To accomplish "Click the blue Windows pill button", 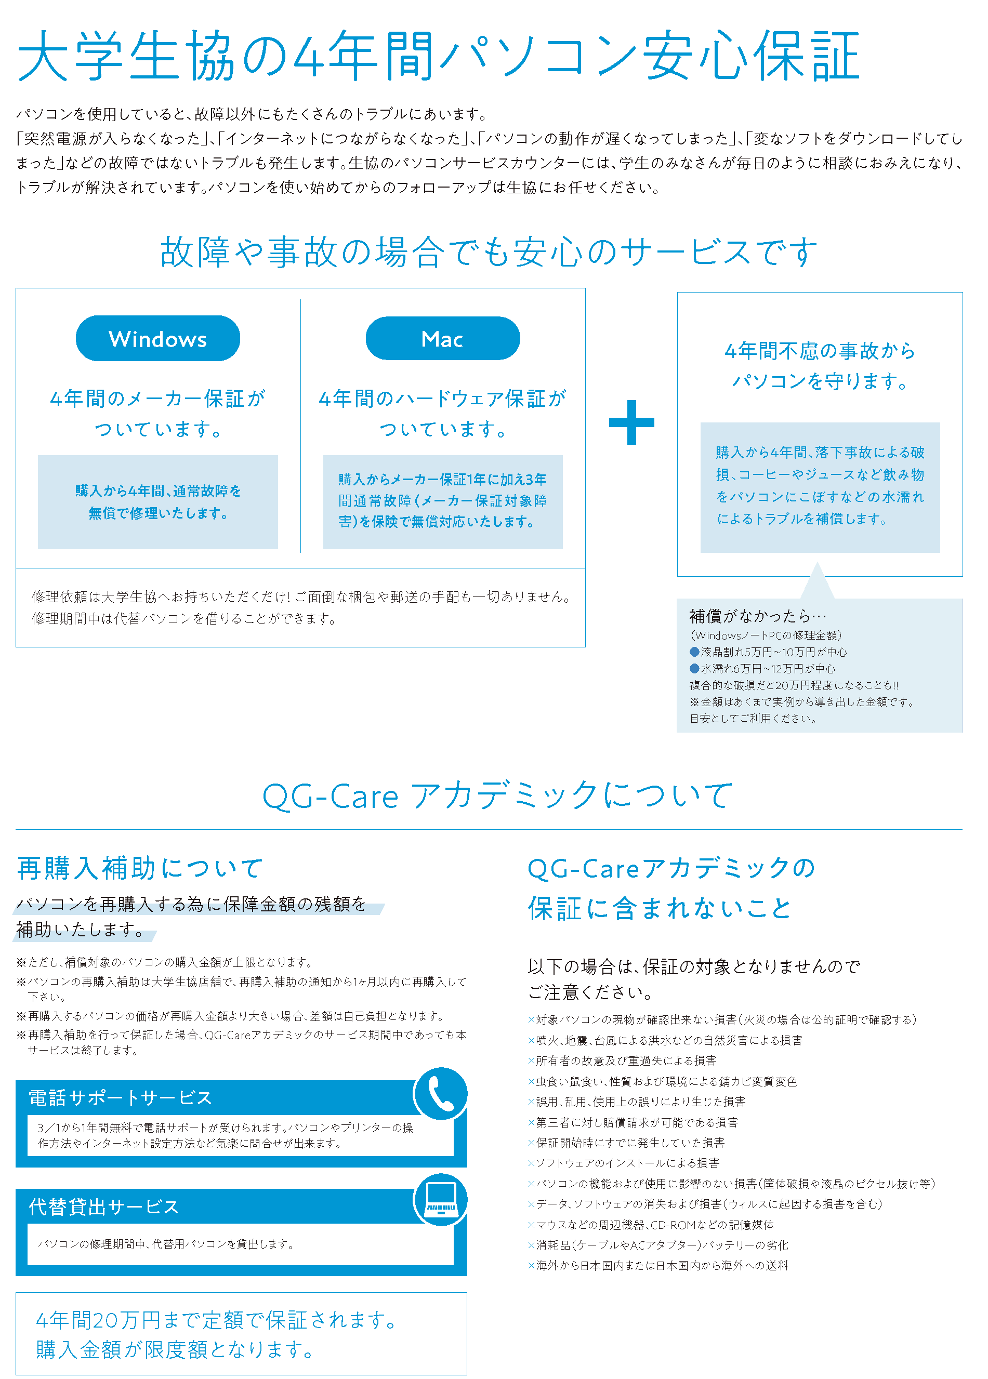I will (157, 338).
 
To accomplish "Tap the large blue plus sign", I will (631, 422).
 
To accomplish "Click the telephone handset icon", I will (441, 1094).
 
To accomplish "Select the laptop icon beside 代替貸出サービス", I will (441, 1200).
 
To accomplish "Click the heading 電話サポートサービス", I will (121, 1098).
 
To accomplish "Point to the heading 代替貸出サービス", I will (104, 1206).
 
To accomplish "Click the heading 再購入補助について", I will (140, 868).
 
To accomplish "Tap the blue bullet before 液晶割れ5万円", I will (694, 652).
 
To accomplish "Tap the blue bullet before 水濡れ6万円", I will (694, 668).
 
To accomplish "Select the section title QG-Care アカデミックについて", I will (497, 796).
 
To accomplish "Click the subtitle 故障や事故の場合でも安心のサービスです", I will (488, 251).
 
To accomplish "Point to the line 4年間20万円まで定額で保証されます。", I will (218, 1319).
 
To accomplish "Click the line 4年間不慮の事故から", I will (820, 351).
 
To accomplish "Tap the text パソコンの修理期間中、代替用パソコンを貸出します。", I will (166, 1244).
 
